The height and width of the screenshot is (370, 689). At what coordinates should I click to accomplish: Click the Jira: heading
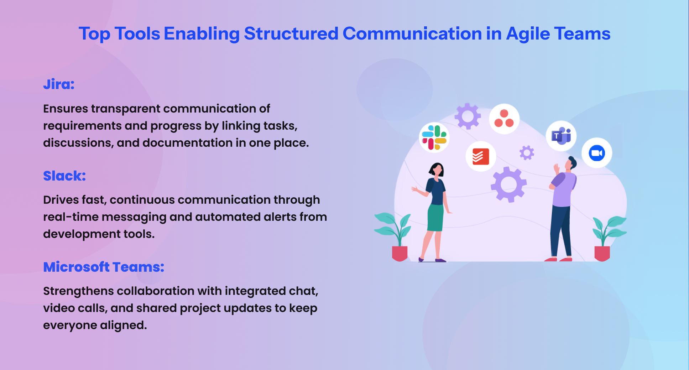(x=59, y=84)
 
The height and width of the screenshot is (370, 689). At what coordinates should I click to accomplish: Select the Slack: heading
(x=64, y=176)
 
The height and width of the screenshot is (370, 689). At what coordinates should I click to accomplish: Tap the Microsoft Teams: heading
(x=104, y=267)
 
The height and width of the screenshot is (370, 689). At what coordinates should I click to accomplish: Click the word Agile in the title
(x=528, y=34)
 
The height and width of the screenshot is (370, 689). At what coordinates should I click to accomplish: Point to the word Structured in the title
(x=291, y=34)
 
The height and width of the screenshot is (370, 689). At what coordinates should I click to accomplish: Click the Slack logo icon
(x=434, y=137)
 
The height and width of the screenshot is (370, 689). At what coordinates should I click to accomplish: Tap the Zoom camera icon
(x=597, y=153)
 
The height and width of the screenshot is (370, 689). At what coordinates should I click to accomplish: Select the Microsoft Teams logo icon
(x=561, y=136)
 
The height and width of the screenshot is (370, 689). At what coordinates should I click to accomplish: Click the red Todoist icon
(x=481, y=156)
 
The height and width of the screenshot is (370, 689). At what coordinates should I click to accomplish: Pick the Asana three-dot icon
(x=504, y=119)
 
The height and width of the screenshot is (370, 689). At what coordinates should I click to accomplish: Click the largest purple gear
(x=508, y=184)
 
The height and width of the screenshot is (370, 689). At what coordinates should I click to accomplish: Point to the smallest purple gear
(x=527, y=153)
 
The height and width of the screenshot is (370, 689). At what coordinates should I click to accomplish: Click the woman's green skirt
(x=435, y=218)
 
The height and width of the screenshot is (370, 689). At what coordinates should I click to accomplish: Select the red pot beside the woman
(x=400, y=253)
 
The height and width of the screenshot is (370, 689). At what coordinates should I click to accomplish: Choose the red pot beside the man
(x=602, y=253)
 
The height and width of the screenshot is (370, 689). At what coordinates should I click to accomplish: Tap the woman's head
(x=437, y=169)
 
